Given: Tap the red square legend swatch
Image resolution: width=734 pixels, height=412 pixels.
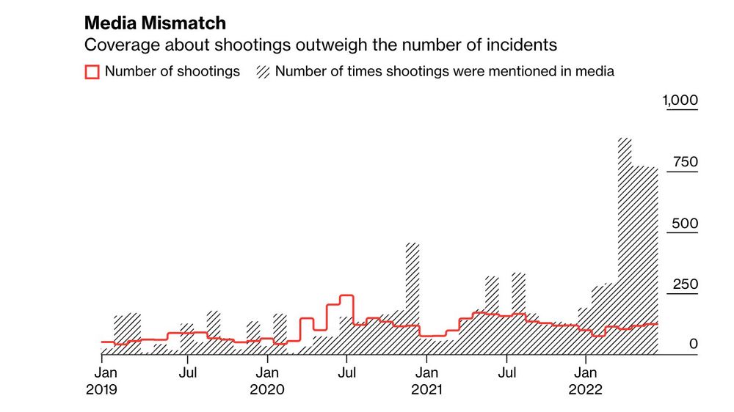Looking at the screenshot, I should tap(92, 72).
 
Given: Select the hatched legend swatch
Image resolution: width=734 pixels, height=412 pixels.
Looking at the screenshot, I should tap(263, 72).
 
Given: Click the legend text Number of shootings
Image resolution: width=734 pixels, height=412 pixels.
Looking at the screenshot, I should tap(172, 72).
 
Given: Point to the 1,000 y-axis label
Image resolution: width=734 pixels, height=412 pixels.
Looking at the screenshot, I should tap(680, 100).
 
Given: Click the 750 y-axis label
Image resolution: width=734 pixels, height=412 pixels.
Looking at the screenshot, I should tap(684, 162).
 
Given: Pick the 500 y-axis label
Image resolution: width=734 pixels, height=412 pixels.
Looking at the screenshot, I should tap(684, 224).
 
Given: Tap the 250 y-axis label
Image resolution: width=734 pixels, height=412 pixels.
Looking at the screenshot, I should tap(684, 284).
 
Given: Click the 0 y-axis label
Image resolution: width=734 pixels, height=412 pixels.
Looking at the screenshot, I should tap(693, 344).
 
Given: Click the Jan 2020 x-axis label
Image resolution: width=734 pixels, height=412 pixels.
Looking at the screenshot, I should tap(267, 380).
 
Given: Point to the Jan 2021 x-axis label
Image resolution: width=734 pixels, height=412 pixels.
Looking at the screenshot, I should tap(426, 380).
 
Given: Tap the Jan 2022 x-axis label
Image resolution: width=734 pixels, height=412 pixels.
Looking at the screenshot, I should tap(585, 380).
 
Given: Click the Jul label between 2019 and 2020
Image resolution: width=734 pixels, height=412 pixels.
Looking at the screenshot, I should tap(188, 372).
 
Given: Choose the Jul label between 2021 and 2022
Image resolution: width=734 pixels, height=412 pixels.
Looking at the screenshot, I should tap(506, 372).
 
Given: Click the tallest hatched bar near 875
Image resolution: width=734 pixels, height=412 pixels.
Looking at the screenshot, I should tap(625, 220).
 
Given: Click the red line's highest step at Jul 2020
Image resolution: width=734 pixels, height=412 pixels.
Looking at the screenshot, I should tap(346, 295).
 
